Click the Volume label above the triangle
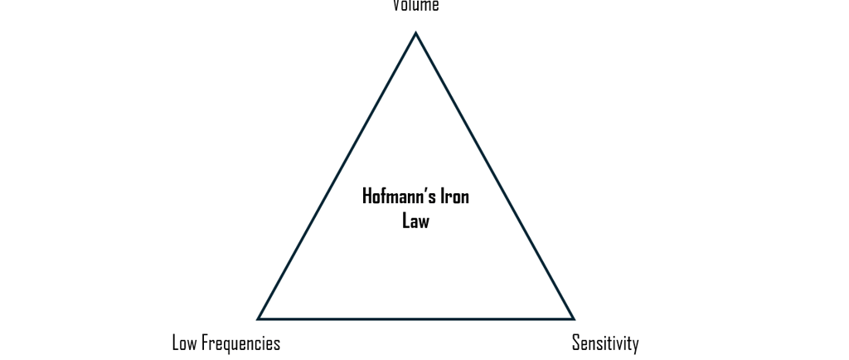[415, 6]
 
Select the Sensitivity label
[605, 343]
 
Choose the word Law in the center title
[415, 221]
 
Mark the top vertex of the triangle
[415, 33]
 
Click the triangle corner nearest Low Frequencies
[259, 318]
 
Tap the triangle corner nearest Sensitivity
[573, 318]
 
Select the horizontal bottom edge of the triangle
[415, 319]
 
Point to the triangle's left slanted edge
[337, 176]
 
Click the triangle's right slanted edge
[495, 176]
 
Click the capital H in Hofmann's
[367, 197]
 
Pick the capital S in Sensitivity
[576, 343]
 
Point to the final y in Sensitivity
[635, 345]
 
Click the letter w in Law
[424, 221]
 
